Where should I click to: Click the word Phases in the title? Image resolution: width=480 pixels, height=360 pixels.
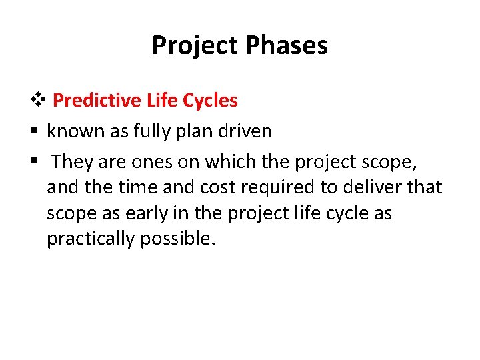click(x=287, y=46)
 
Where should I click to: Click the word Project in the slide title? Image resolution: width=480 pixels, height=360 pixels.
click(x=196, y=46)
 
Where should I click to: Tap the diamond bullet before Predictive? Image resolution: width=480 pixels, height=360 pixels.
click(x=41, y=101)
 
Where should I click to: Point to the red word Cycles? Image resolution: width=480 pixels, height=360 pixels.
click(x=209, y=101)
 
